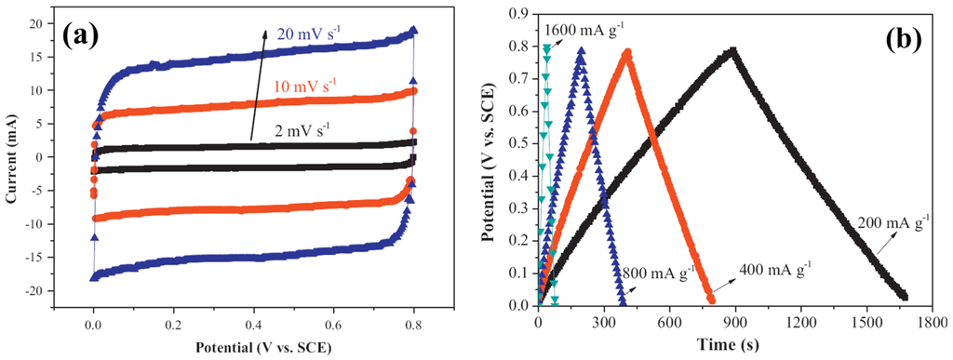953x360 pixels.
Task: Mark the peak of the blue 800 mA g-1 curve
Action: coord(582,52)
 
